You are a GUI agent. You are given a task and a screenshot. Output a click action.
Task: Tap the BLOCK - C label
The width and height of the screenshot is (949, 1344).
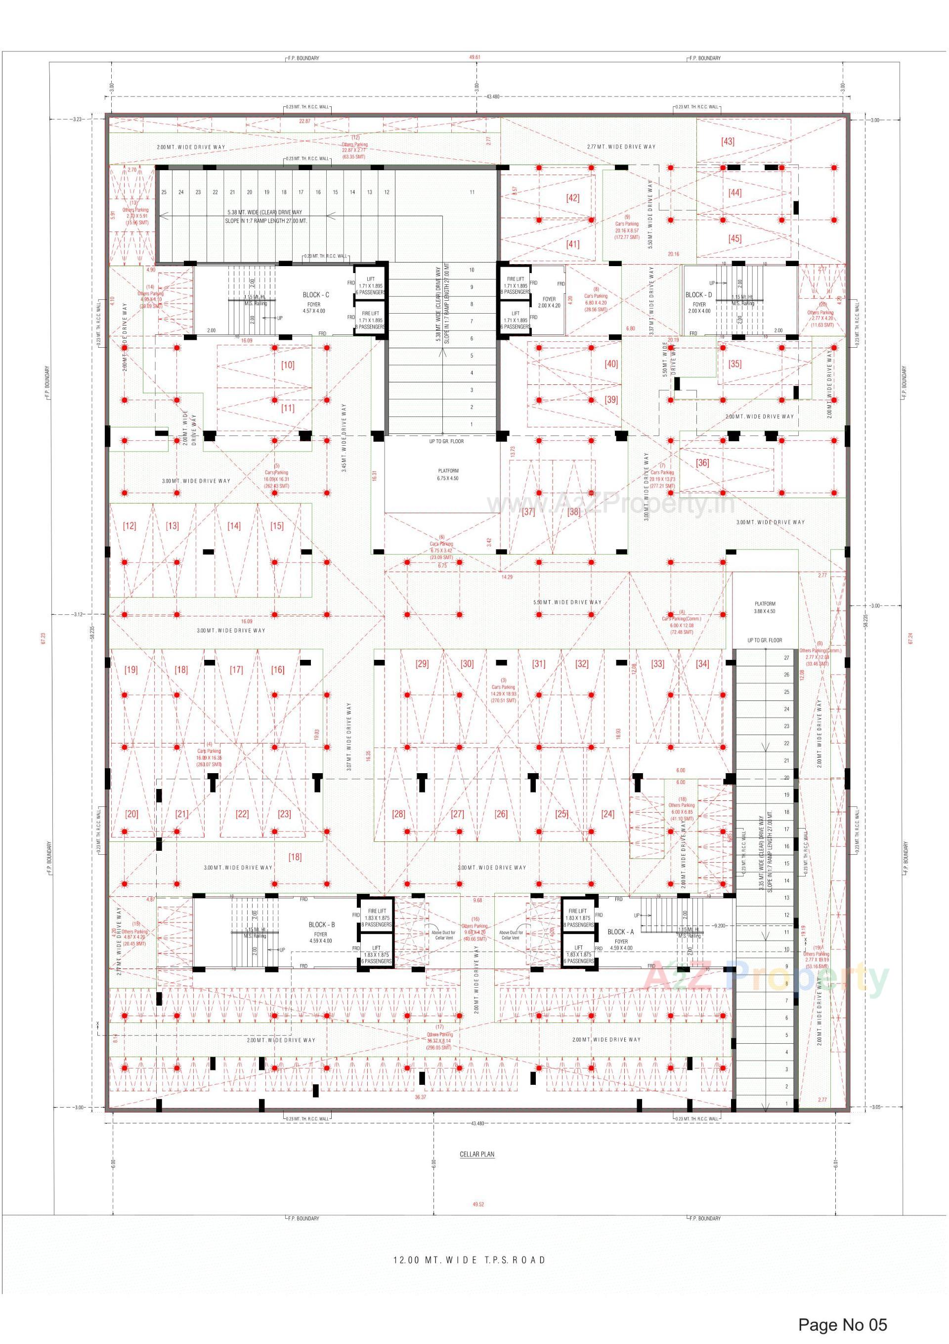coord(316,295)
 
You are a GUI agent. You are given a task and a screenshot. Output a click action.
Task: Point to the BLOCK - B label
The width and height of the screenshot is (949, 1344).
coord(322,925)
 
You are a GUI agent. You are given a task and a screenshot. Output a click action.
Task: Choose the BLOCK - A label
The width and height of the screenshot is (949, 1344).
coord(621,932)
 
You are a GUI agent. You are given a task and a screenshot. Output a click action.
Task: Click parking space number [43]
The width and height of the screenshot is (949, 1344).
coord(728,141)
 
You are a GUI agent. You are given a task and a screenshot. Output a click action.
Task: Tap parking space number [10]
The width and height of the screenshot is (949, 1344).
coord(288,365)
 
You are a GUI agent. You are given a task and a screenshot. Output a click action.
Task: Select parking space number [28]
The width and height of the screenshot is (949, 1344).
coord(398,814)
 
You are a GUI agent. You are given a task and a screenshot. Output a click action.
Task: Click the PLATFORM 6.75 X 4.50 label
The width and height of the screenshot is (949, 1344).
coord(448,474)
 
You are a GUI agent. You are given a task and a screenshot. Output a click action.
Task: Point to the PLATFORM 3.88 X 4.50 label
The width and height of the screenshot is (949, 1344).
coord(765,607)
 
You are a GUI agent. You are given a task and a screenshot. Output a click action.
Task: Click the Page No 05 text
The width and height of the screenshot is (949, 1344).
coord(843,1325)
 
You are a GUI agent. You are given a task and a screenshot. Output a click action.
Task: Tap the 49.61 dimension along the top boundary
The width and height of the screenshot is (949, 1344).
coord(474,57)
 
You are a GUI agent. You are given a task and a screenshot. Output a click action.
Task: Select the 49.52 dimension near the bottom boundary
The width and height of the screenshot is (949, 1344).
coord(478,1204)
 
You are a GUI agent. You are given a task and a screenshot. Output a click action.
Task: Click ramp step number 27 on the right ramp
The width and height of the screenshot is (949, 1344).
coord(786,657)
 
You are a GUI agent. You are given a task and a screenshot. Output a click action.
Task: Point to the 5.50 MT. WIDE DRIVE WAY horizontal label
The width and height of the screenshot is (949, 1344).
coord(567,602)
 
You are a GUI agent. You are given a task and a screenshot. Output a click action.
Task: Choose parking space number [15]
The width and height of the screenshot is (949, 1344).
coord(277,526)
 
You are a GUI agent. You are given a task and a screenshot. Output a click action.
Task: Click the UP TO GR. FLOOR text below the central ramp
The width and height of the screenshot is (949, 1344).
coord(446,441)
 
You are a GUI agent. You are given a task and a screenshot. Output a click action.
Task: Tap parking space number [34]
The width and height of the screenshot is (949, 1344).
coord(702,664)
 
